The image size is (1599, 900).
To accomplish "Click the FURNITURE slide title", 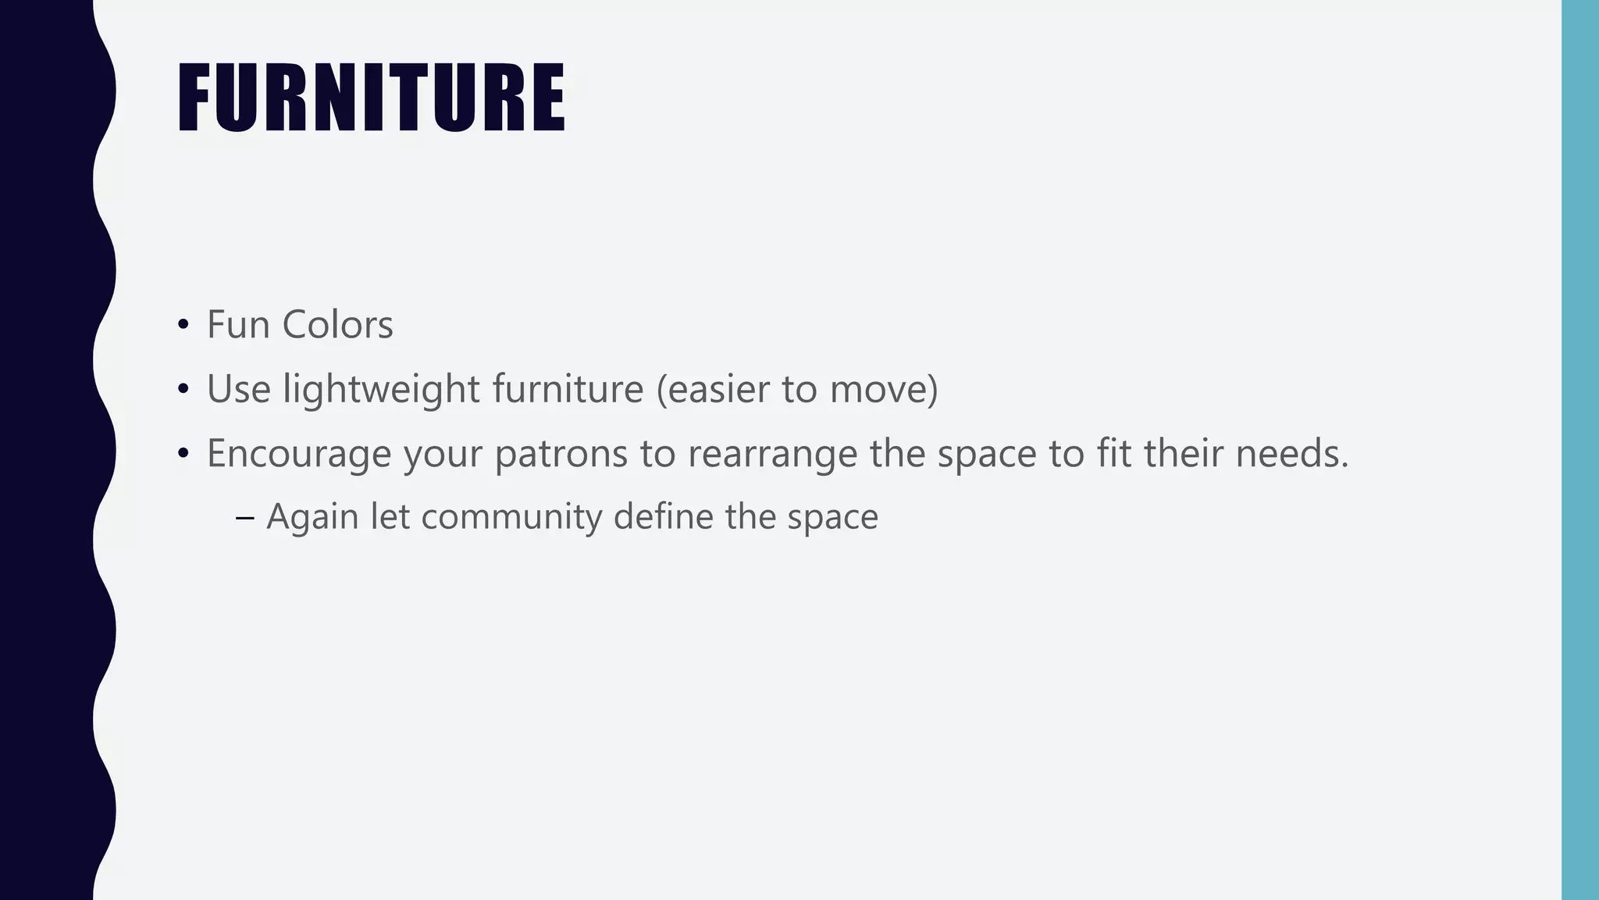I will click(x=371, y=98).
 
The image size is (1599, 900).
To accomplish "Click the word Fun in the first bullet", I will click(x=238, y=325).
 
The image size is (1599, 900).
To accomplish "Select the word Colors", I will click(x=337, y=325).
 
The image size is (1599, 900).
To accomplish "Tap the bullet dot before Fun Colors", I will click(x=183, y=324).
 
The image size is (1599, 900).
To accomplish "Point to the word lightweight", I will click(x=381, y=389).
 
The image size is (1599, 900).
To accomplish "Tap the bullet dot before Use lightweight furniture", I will click(x=183, y=388).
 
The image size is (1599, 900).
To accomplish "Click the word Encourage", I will click(x=298, y=454).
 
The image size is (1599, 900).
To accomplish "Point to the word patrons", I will click(x=561, y=454).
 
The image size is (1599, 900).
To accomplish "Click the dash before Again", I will click(x=244, y=517).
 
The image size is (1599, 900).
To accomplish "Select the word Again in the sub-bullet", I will click(x=312, y=517).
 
